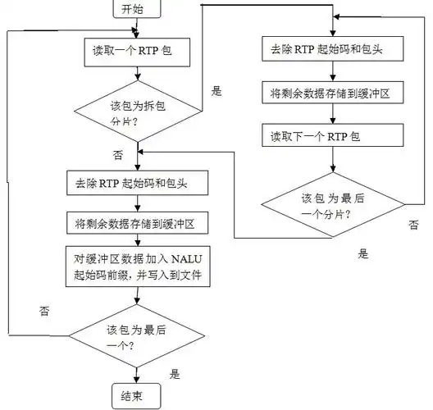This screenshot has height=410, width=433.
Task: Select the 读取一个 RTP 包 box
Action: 137,52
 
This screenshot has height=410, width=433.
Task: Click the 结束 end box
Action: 136,396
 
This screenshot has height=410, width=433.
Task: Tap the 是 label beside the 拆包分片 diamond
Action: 216,91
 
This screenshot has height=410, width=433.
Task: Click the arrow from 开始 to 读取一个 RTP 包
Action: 137,30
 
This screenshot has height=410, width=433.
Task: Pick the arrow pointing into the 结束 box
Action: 137,373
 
